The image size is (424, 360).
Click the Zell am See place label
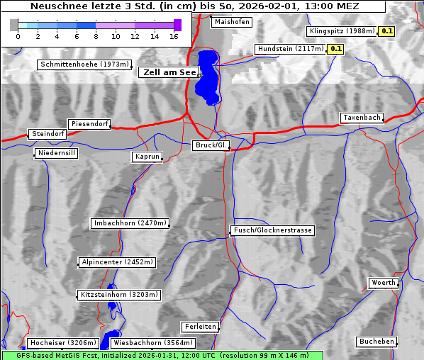click(169, 72)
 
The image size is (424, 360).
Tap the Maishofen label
click(231, 22)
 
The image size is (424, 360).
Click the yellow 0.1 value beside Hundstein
click(335, 49)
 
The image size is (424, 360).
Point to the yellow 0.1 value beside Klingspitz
click(387, 31)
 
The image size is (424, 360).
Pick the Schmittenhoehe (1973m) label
click(84, 64)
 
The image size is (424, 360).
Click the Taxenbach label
click(362, 118)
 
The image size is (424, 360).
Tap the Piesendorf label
click(89, 124)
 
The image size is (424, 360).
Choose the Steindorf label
click(48, 134)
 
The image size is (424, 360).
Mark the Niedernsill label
click(56, 154)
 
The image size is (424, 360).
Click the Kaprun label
click(147, 157)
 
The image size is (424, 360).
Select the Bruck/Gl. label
click(211, 145)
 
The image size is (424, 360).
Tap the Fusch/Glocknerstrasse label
click(273, 230)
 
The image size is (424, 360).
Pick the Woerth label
click(384, 283)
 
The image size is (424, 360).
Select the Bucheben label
click(376, 342)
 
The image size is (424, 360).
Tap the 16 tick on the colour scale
click(174, 36)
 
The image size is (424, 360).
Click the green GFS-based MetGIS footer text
click(161, 355)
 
